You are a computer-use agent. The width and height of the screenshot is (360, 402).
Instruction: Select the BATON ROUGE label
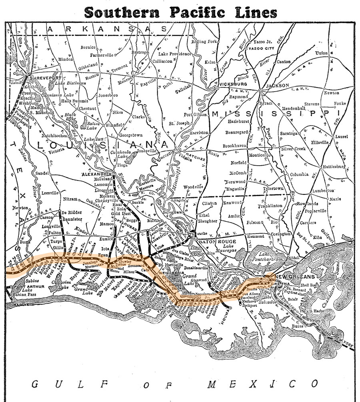click(215, 241)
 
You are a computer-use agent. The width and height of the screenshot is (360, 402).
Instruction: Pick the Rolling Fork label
click(204, 42)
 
